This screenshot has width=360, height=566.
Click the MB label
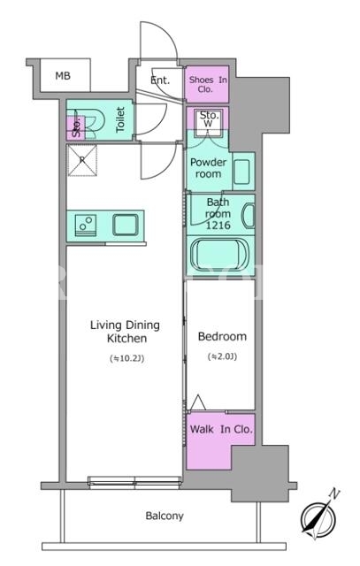coord(63,76)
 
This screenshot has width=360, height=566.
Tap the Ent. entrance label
coord(160,80)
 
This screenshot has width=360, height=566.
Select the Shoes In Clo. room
coord(207,84)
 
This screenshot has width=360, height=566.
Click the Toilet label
coord(120,119)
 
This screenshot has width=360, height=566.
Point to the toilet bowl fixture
coord(92,120)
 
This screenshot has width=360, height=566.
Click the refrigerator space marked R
coord(82,160)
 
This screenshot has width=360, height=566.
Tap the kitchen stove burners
coord(86,226)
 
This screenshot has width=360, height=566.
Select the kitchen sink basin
coord(126,226)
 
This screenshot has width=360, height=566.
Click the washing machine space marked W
coord(209,123)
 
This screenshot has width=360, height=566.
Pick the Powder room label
coord(209,168)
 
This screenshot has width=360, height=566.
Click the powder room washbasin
coord(241,172)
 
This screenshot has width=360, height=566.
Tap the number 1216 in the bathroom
coord(218,226)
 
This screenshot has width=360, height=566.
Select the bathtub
coord(219,255)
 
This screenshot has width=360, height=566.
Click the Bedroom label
coord(222,336)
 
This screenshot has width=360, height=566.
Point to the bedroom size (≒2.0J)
coord(222,356)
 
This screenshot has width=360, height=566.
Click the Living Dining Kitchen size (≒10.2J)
coord(126,358)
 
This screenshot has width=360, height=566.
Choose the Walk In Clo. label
coord(221,429)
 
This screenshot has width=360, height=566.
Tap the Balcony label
coord(165,516)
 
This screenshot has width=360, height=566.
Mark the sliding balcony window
coord(134,483)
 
